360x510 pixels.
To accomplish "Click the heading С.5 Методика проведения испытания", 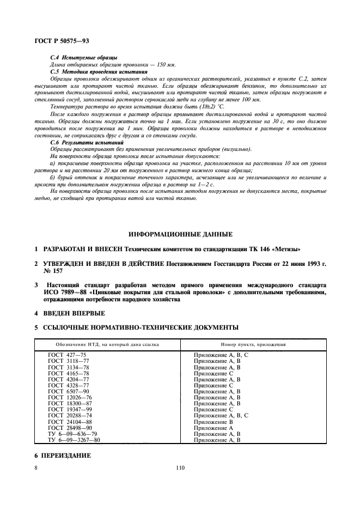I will pos(99,71).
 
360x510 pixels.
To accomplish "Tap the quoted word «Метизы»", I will pos(286,249).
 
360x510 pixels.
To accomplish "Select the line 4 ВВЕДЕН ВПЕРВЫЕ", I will pos(70,313).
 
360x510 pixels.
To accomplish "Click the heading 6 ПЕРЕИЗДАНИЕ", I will pos(63,455).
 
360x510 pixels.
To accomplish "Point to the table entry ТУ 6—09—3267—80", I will pos(75,440).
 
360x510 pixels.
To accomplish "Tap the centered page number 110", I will pos(180,467).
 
